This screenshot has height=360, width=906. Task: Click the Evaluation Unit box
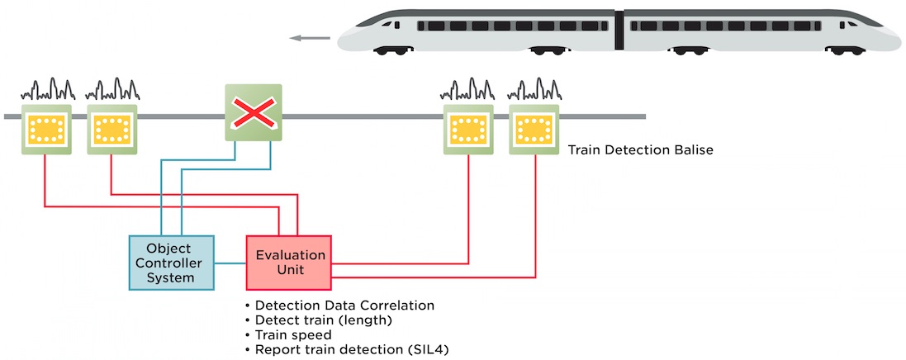tap(288, 263)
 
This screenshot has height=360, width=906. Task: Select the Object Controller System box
tap(171, 263)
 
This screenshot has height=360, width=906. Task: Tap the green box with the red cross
tap(254, 112)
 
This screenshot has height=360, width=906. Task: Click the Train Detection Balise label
tap(640, 150)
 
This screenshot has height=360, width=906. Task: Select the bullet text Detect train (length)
tap(323, 320)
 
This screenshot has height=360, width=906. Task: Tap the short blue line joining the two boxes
tap(230, 263)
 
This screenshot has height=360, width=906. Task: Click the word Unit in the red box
tap(289, 270)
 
